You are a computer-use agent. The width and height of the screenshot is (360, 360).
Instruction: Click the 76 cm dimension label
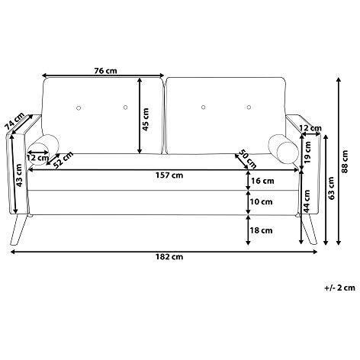click(x=105, y=71)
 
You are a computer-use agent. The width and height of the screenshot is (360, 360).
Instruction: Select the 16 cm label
click(x=262, y=181)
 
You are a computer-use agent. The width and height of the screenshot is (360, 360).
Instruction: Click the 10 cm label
click(x=262, y=202)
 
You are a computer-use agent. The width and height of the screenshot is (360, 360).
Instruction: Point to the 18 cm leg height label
click(x=262, y=230)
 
